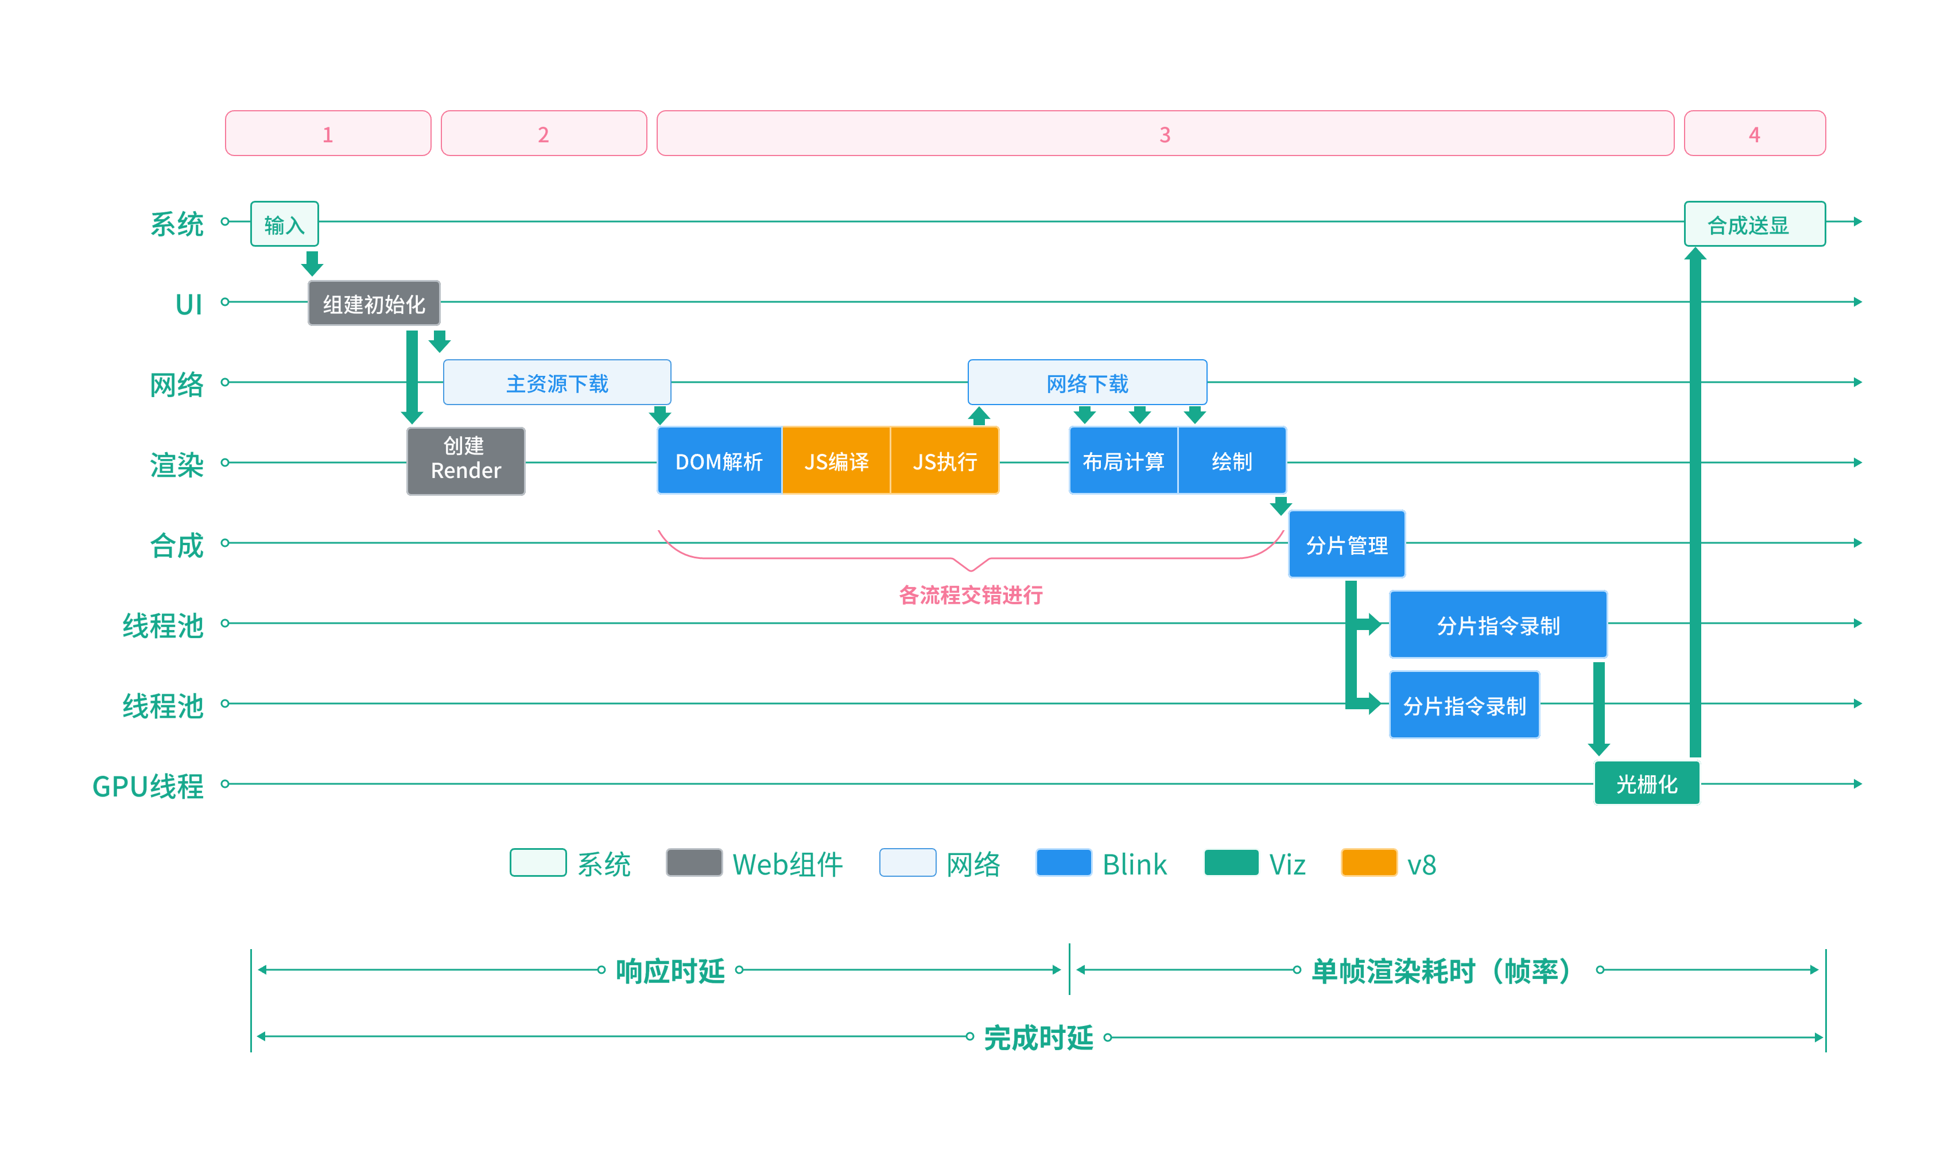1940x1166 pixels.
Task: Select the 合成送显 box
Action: (1754, 224)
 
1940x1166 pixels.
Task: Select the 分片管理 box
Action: (1346, 544)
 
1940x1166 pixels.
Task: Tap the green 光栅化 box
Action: (1646, 783)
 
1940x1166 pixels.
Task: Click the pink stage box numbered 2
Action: (544, 134)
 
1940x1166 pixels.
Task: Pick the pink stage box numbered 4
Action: (1754, 134)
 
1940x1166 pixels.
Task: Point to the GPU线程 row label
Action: (148, 786)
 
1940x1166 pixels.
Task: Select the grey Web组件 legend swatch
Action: (694, 862)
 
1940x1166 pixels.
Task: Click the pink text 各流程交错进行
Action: (971, 595)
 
